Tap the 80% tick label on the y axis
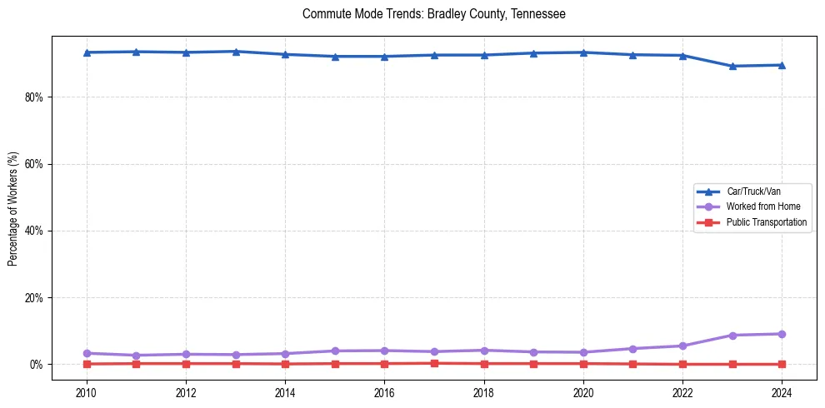[33, 97]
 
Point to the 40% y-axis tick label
[33, 231]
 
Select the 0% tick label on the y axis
[36, 365]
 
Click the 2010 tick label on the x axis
[87, 392]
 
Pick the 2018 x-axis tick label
[484, 392]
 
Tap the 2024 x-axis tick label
[782, 392]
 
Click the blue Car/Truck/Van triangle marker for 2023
[732, 66]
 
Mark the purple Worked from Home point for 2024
[782, 334]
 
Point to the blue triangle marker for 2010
[87, 52]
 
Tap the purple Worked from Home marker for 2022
[682, 346]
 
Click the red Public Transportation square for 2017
[434, 363]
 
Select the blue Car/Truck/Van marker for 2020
[583, 52]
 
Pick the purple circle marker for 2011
[136, 356]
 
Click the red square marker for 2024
[782, 364]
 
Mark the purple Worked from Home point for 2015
[335, 351]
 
